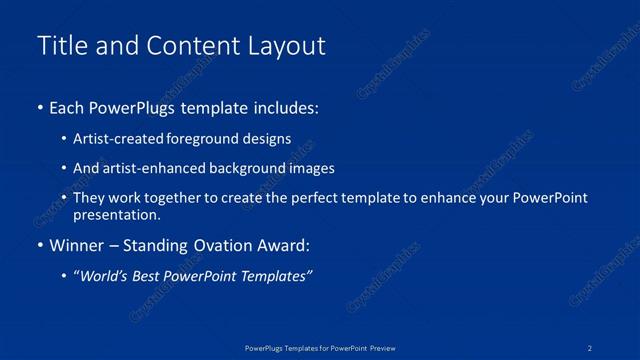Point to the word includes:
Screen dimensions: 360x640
(290, 107)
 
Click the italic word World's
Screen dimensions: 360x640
(106, 277)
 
